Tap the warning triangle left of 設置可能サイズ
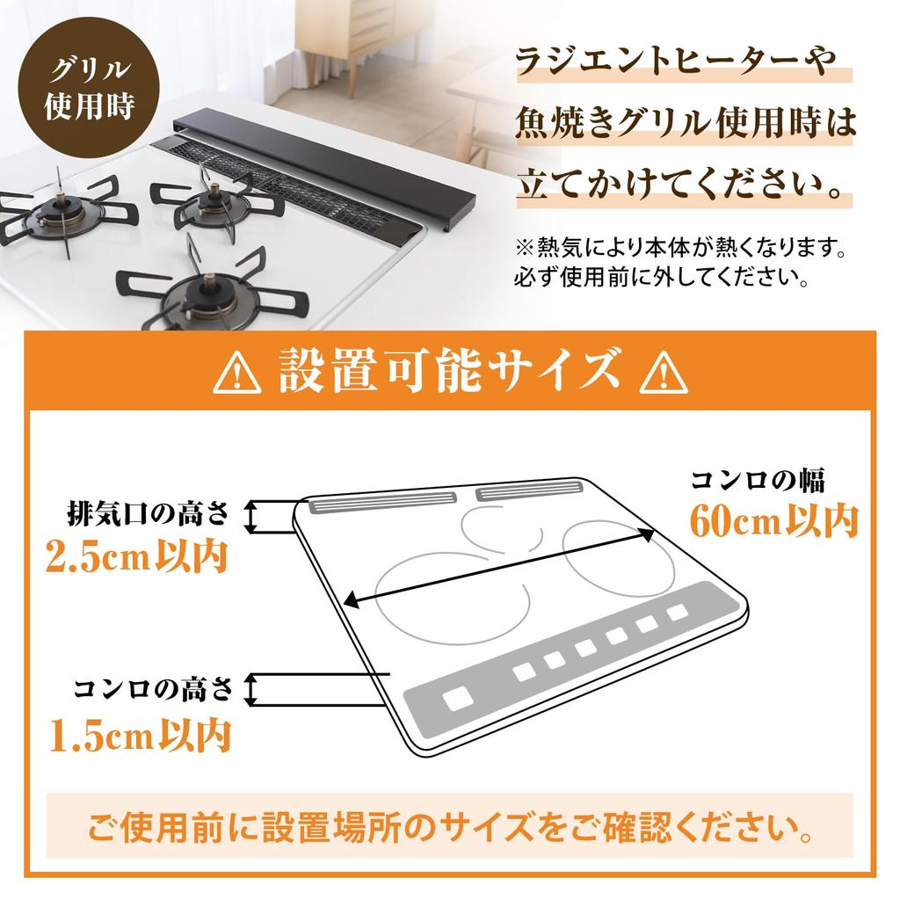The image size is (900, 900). tap(237, 375)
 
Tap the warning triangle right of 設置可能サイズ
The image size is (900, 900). tap(664, 375)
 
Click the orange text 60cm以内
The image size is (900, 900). tap(773, 521)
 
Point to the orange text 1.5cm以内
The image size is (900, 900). tap(140, 734)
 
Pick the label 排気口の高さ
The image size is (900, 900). tap(147, 512)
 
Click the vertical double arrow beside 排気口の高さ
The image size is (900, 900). tap(251, 517)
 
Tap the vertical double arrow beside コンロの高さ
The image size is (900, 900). tap(251, 690)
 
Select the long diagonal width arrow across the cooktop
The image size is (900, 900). tap(499, 566)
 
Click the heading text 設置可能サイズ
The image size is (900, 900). tap(450, 372)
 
